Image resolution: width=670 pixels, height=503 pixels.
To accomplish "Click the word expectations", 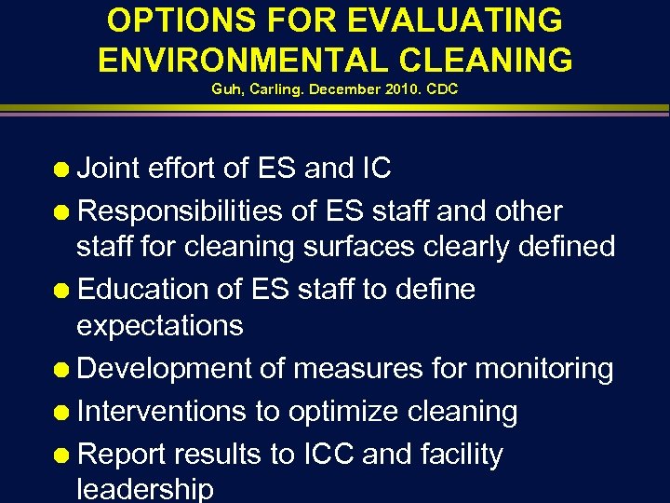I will click(159, 326).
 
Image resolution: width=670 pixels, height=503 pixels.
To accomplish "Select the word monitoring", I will click(543, 369).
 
